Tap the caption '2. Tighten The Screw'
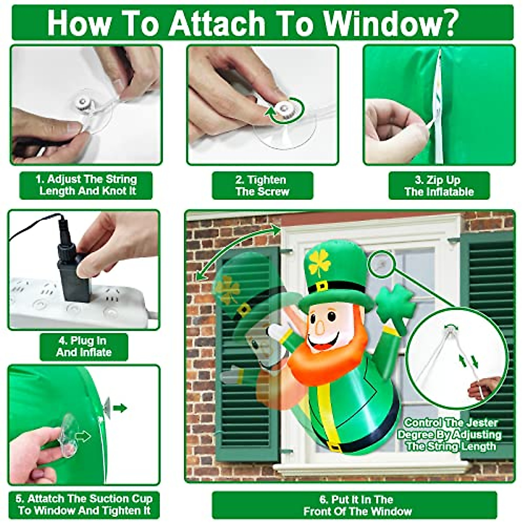click(262, 185)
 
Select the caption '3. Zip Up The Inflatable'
click(439, 185)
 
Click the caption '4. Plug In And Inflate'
click(84, 346)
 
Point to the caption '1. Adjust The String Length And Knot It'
click(86, 185)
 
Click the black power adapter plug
click(72, 271)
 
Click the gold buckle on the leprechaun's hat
click(321, 287)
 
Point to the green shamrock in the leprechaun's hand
click(395, 303)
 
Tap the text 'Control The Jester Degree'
click(451, 429)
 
